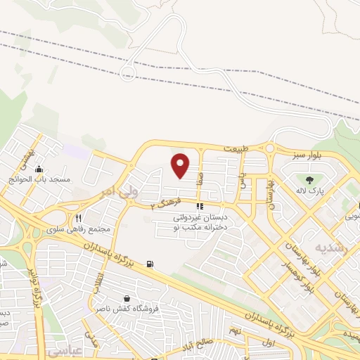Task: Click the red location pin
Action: point(181,165)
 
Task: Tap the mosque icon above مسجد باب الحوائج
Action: point(39,169)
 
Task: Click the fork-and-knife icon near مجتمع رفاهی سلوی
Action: point(79,218)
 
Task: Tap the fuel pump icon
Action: point(150,264)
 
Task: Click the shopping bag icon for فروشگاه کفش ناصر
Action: point(127,298)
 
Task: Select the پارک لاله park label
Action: point(309,190)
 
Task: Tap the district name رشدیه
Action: point(330,248)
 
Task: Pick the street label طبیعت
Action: point(236,149)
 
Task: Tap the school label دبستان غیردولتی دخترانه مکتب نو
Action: point(201,222)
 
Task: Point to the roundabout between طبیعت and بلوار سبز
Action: point(269,149)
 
